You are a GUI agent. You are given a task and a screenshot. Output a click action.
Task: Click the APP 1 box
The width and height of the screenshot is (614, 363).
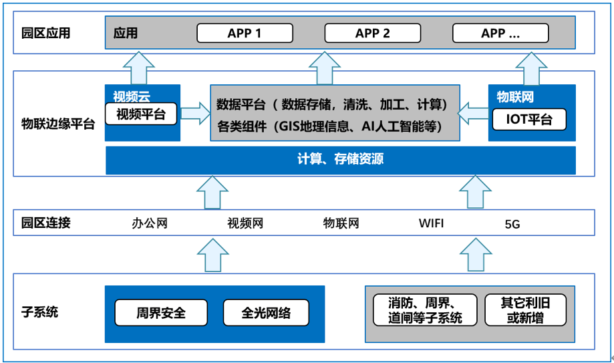pyautogui.click(x=245, y=33)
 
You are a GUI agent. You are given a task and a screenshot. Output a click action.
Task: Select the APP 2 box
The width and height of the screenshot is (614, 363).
pyautogui.click(x=373, y=33)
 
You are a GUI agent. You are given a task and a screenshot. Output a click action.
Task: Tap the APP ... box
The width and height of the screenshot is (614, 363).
pyautogui.click(x=500, y=33)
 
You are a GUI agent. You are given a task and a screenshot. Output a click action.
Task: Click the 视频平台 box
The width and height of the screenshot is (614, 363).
pyautogui.click(x=141, y=114)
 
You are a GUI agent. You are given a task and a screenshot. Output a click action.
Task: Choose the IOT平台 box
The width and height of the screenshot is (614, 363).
pyautogui.click(x=529, y=119)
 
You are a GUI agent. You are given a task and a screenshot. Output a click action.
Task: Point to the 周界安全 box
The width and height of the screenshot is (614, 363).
pyautogui.click(x=161, y=313)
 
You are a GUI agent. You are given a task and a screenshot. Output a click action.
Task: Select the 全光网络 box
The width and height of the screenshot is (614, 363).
pyautogui.click(x=266, y=313)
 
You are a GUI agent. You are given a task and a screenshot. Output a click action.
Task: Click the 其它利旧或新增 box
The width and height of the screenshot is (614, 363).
pyautogui.click(x=526, y=310)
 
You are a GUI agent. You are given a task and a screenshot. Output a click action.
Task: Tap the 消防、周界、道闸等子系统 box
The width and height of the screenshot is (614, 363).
pyautogui.click(x=426, y=310)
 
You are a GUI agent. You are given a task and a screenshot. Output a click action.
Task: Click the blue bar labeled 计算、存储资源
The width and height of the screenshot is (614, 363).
pyautogui.click(x=341, y=160)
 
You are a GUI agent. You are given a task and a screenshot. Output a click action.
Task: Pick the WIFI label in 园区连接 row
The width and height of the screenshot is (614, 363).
pyautogui.click(x=431, y=223)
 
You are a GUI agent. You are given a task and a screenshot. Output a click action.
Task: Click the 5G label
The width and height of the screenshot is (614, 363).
pyautogui.click(x=512, y=224)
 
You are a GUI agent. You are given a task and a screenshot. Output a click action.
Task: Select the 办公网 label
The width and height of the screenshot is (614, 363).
pyautogui.click(x=150, y=223)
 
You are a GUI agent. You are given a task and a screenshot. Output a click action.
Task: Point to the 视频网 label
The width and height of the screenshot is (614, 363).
pyautogui.click(x=245, y=223)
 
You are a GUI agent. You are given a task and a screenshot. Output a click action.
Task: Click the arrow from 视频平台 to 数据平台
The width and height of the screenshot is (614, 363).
pyautogui.click(x=195, y=114)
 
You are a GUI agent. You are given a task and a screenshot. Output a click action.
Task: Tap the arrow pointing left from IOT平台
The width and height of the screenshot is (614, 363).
pyautogui.click(x=473, y=114)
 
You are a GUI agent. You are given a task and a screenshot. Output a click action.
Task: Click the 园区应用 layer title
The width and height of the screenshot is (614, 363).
pyautogui.click(x=46, y=33)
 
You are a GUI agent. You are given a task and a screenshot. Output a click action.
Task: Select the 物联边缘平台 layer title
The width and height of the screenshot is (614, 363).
pyautogui.click(x=58, y=124)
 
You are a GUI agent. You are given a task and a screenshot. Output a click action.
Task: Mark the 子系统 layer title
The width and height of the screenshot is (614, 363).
pyautogui.click(x=39, y=312)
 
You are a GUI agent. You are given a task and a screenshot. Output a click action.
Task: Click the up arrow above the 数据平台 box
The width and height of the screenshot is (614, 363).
pyautogui.click(x=325, y=68)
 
